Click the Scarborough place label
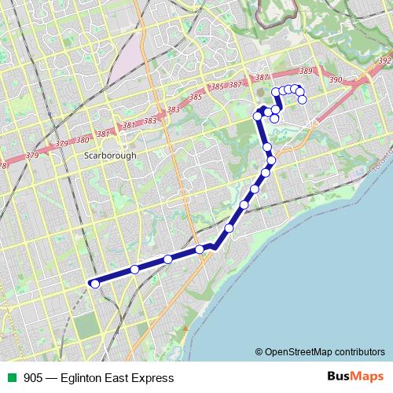109,156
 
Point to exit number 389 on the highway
306,72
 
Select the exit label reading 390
336,79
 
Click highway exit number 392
384,61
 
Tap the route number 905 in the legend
33,378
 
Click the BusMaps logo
354,377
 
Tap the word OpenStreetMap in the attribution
298,351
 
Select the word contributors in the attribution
358,351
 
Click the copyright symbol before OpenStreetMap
259,351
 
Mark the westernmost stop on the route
95,284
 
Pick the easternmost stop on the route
302,100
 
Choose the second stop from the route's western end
134,270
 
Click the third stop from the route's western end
168,259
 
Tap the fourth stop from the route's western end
200,249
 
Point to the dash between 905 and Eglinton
52,378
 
